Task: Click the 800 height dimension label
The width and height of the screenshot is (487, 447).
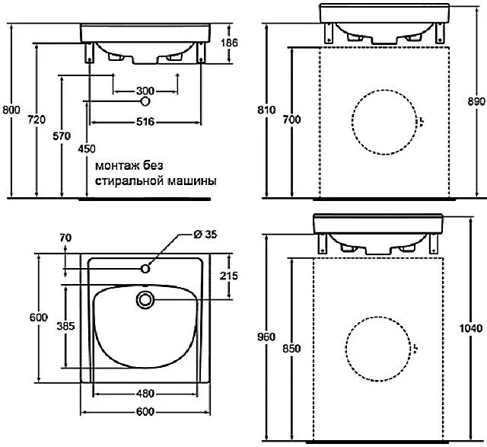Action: click(11, 110)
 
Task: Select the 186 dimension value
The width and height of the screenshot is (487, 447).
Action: click(229, 43)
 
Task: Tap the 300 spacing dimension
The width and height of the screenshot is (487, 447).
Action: click(145, 91)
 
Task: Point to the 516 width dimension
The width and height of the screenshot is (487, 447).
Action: click(145, 122)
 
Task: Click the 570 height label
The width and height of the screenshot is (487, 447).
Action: click(62, 136)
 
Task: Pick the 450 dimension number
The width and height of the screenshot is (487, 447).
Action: click(87, 149)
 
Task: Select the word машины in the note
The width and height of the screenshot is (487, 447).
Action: click(192, 180)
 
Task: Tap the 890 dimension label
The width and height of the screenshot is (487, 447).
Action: click(476, 101)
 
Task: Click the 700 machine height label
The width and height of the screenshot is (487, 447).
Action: click(291, 120)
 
